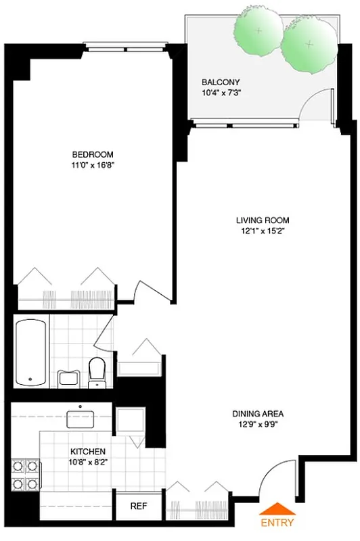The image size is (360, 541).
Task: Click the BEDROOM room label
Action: click(93, 154)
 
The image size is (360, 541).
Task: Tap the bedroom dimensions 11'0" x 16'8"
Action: click(93, 164)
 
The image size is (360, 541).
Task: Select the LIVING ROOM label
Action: click(263, 220)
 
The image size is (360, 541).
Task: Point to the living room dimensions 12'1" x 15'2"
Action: click(263, 231)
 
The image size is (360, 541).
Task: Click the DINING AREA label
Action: click(258, 414)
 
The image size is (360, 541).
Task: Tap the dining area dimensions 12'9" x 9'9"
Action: click(258, 425)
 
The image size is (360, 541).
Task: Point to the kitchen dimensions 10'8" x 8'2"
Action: click(88, 462)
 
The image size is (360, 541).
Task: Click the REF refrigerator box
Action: click(138, 506)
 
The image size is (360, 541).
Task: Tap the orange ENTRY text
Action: click(277, 523)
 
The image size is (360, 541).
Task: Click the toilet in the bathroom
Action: click(97, 373)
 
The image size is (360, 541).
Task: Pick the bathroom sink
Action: click(68, 377)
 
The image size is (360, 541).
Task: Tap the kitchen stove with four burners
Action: click(25, 475)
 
